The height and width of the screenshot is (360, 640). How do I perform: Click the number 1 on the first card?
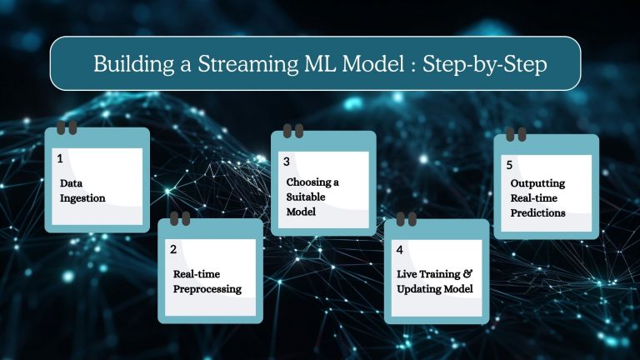point(60,157)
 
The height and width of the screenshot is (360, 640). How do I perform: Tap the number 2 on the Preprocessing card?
point(173,249)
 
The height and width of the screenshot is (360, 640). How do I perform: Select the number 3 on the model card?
point(287,161)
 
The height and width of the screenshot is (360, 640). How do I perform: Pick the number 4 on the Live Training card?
point(400,249)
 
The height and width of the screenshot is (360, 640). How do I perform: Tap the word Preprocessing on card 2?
point(207,289)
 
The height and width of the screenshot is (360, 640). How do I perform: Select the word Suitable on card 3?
point(307,197)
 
